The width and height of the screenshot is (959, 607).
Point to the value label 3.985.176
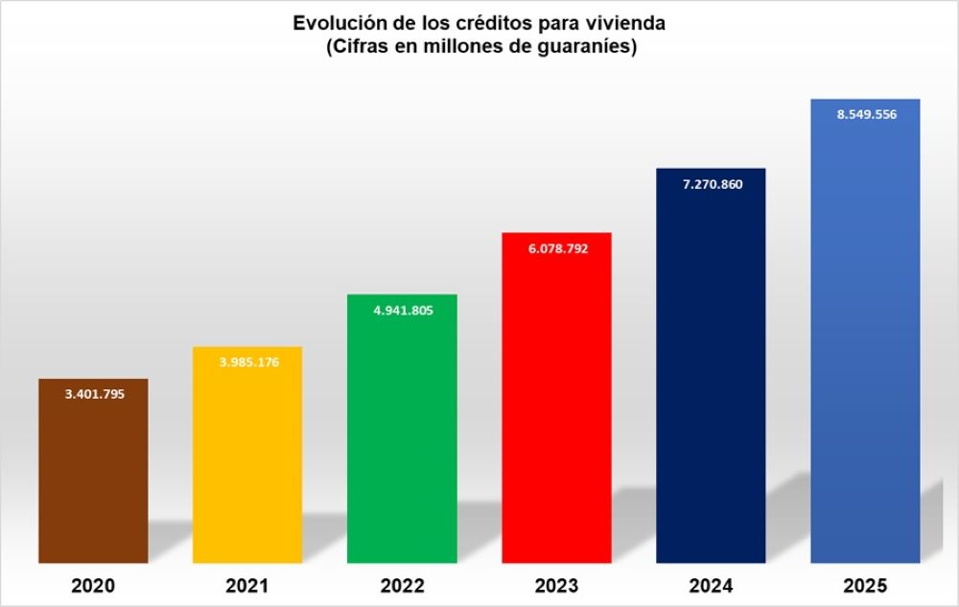click(248, 362)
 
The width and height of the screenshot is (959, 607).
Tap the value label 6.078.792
click(557, 248)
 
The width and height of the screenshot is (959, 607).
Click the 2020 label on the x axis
click(93, 585)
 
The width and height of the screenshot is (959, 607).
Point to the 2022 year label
click(403, 585)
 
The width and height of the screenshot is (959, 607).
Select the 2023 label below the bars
click(557, 585)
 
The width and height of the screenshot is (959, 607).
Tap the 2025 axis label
click(866, 585)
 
